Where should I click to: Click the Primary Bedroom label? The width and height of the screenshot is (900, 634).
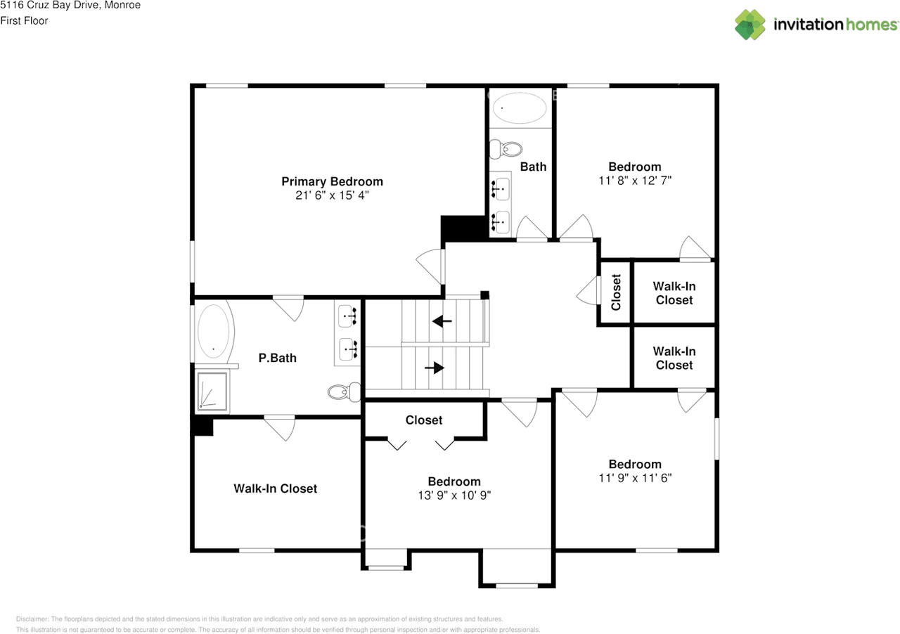pos(332,181)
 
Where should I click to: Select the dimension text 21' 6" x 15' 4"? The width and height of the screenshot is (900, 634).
pos(332,195)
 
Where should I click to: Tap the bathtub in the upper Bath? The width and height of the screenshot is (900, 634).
pos(520,108)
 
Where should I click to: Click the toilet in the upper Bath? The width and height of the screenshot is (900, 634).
pos(507,149)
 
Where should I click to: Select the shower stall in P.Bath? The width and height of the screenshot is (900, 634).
pos(212,390)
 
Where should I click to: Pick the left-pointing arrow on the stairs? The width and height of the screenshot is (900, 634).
pos(442,322)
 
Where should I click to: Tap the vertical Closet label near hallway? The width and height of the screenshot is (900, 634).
pos(617,292)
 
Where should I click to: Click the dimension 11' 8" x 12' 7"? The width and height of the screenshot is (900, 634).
pos(635,180)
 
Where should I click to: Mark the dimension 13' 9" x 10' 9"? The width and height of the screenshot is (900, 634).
pos(454,495)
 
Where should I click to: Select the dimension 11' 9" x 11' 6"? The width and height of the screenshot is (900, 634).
pos(635,478)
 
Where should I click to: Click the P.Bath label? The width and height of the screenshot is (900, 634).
pos(278,358)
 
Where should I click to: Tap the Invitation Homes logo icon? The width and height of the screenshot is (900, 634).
pos(750,25)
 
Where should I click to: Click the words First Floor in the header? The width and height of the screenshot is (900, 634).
pos(25,20)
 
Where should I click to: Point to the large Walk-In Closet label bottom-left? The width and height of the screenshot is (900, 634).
pos(275,489)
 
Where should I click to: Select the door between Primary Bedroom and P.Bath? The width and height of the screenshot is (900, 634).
pos(288,306)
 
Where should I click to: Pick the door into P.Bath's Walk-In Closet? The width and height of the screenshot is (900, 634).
pos(279,427)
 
